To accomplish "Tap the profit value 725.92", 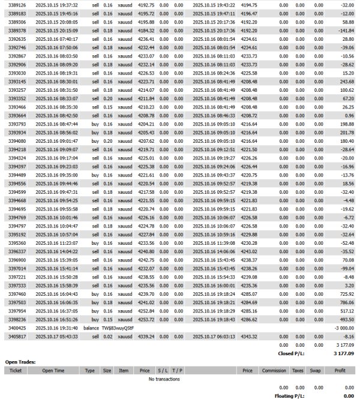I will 344,295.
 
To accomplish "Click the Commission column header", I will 274,371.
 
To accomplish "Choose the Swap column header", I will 319,371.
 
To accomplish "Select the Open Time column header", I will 53,371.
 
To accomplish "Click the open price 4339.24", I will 145,337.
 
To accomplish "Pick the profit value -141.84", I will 344,29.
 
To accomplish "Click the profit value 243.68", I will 344,81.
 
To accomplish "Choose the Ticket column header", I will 16,371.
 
